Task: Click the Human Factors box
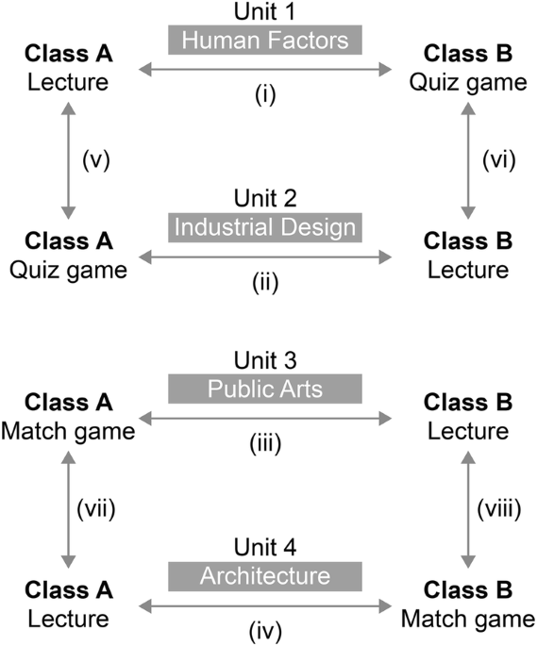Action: pyautogui.click(x=264, y=40)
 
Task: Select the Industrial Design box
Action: pyautogui.click(x=264, y=227)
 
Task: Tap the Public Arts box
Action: pyautogui.click(x=264, y=388)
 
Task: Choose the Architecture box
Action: pyautogui.click(x=264, y=575)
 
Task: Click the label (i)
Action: pyautogui.click(x=264, y=95)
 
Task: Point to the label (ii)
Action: pyautogui.click(x=264, y=280)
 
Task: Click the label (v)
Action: pyautogui.click(x=96, y=160)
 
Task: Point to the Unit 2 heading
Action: pyautogui.click(x=264, y=199)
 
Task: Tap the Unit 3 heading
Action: pyautogui.click(x=264, y=360)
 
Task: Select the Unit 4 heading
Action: pyautogui.click(x=264, y=547)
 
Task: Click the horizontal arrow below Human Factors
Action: pyautogui.click(x=264, y=68)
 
